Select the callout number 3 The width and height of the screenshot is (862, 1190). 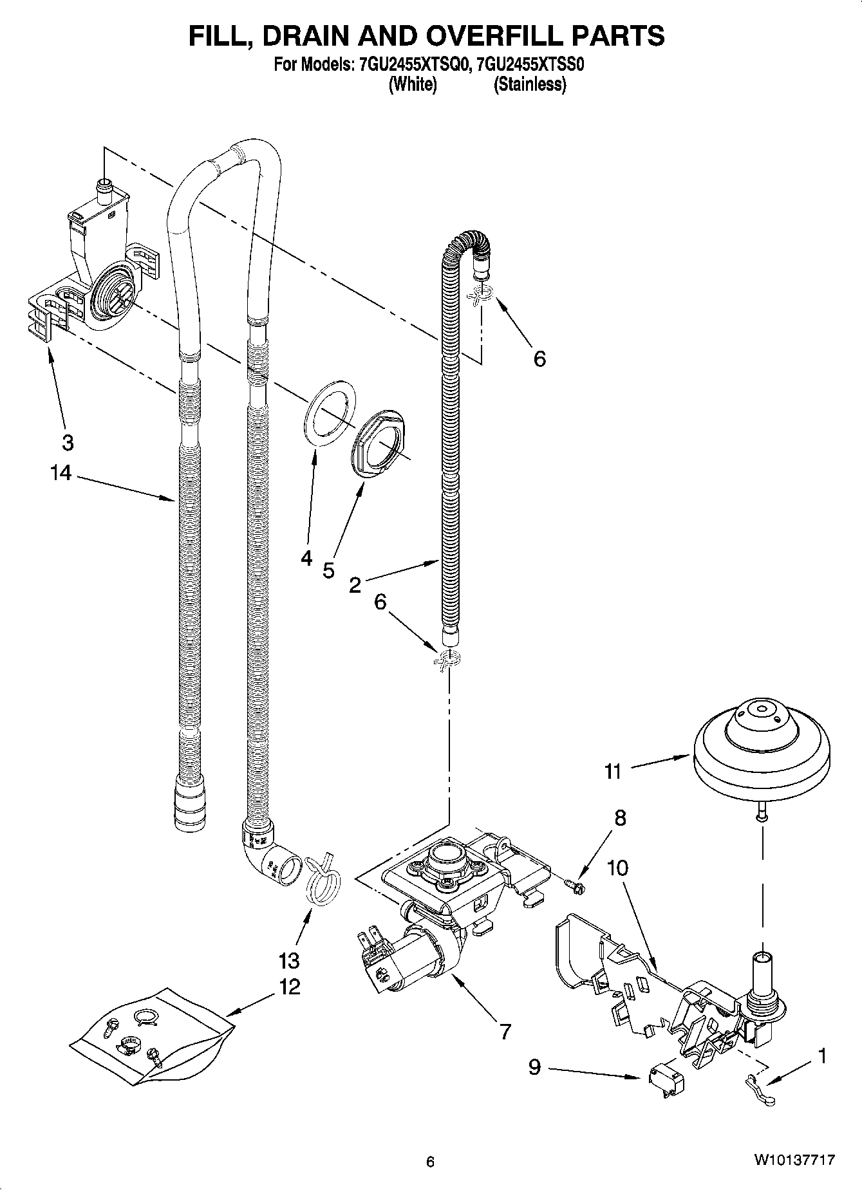coord(67,443)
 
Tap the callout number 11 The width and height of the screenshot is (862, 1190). coord(612,771)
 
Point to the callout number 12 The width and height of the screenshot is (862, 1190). coord(290,987)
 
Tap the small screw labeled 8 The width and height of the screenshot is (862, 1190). coord(576,888)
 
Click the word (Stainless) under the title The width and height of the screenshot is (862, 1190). coord(530,84)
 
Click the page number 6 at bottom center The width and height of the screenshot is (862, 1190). coord(430,1162)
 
